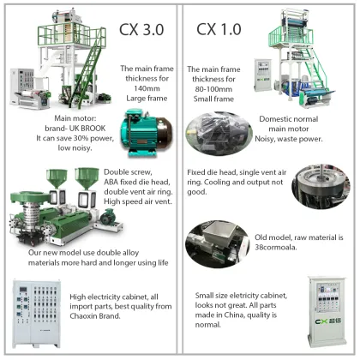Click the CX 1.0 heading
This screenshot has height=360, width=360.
(x=221, y=29)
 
